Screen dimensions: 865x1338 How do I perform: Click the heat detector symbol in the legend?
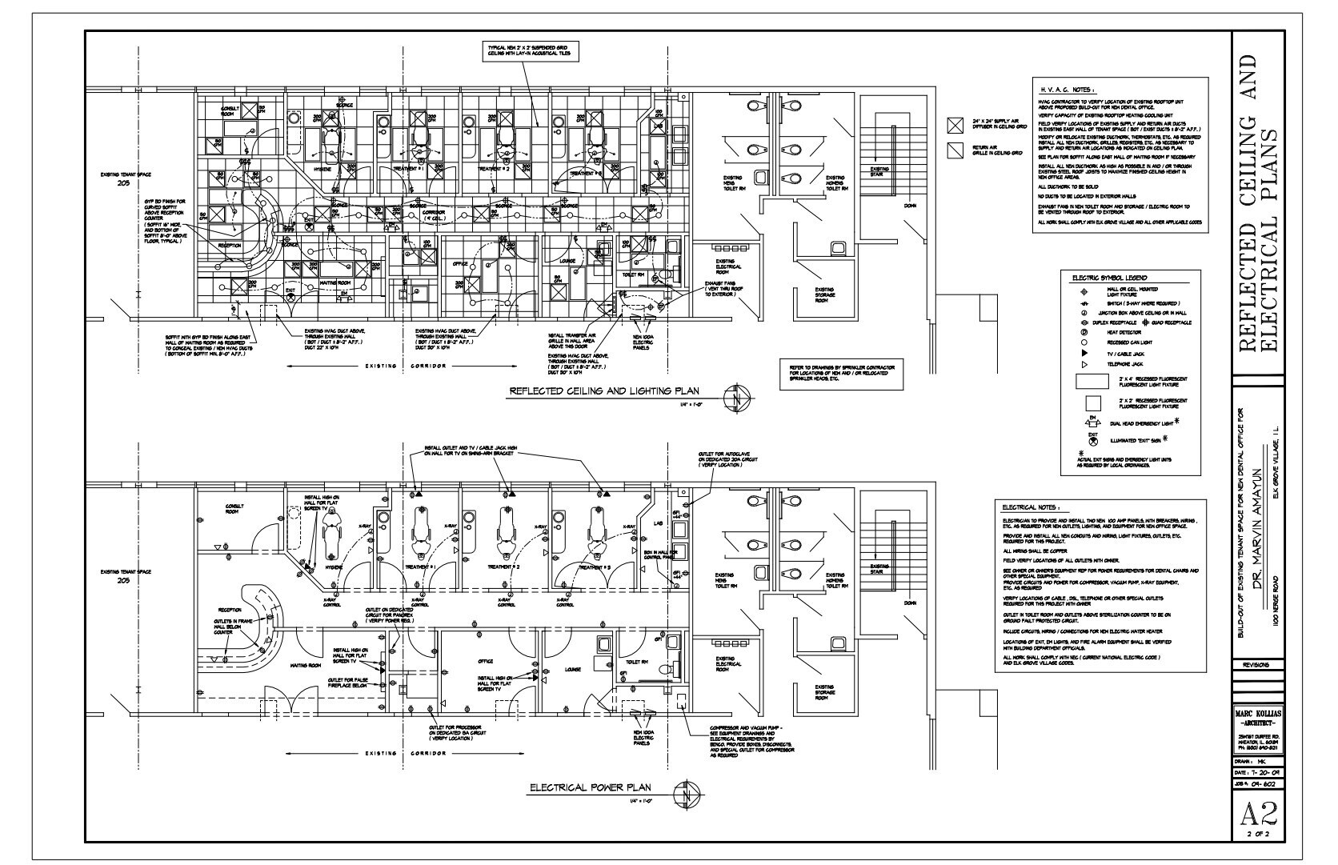point(1085,331)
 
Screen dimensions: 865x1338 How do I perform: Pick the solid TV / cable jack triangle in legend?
point(1085,353)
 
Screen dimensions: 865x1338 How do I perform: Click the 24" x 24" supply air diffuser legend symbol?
point(954,125)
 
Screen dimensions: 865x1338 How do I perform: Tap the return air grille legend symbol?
point(954,150)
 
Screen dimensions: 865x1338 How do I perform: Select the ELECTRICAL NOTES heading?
point(1031,507)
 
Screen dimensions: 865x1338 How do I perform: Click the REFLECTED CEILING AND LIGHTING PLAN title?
point(604,391)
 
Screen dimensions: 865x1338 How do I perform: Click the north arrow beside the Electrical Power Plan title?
point(685,795)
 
